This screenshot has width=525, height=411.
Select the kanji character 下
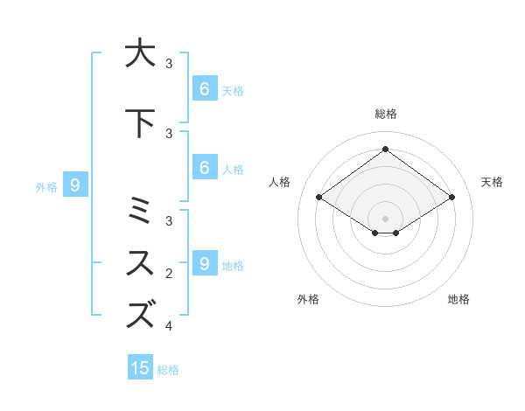[140, 123]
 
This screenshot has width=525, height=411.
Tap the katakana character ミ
[140, 212]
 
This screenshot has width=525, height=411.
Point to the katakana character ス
[140, 263]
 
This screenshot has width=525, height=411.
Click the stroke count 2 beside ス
[169, 274]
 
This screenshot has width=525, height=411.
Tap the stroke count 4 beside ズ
[169, 326]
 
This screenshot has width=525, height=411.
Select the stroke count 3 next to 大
[169, 64]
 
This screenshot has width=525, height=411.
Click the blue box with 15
[140, 368]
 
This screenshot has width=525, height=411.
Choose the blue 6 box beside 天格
[204, 89]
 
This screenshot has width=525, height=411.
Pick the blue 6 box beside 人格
[204, 168]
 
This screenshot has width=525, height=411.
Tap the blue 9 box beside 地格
[204, 263]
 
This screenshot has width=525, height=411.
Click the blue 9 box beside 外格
[75, 185]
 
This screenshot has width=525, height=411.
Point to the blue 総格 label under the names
[168, 370]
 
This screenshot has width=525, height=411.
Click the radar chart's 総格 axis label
[385, 114]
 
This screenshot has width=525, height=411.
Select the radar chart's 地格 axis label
[458, 299]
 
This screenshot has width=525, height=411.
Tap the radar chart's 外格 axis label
[308, 299]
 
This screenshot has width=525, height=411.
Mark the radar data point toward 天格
[451, 198]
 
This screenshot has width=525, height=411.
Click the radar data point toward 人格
[318, 198]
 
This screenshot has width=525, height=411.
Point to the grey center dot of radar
[385, 218]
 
